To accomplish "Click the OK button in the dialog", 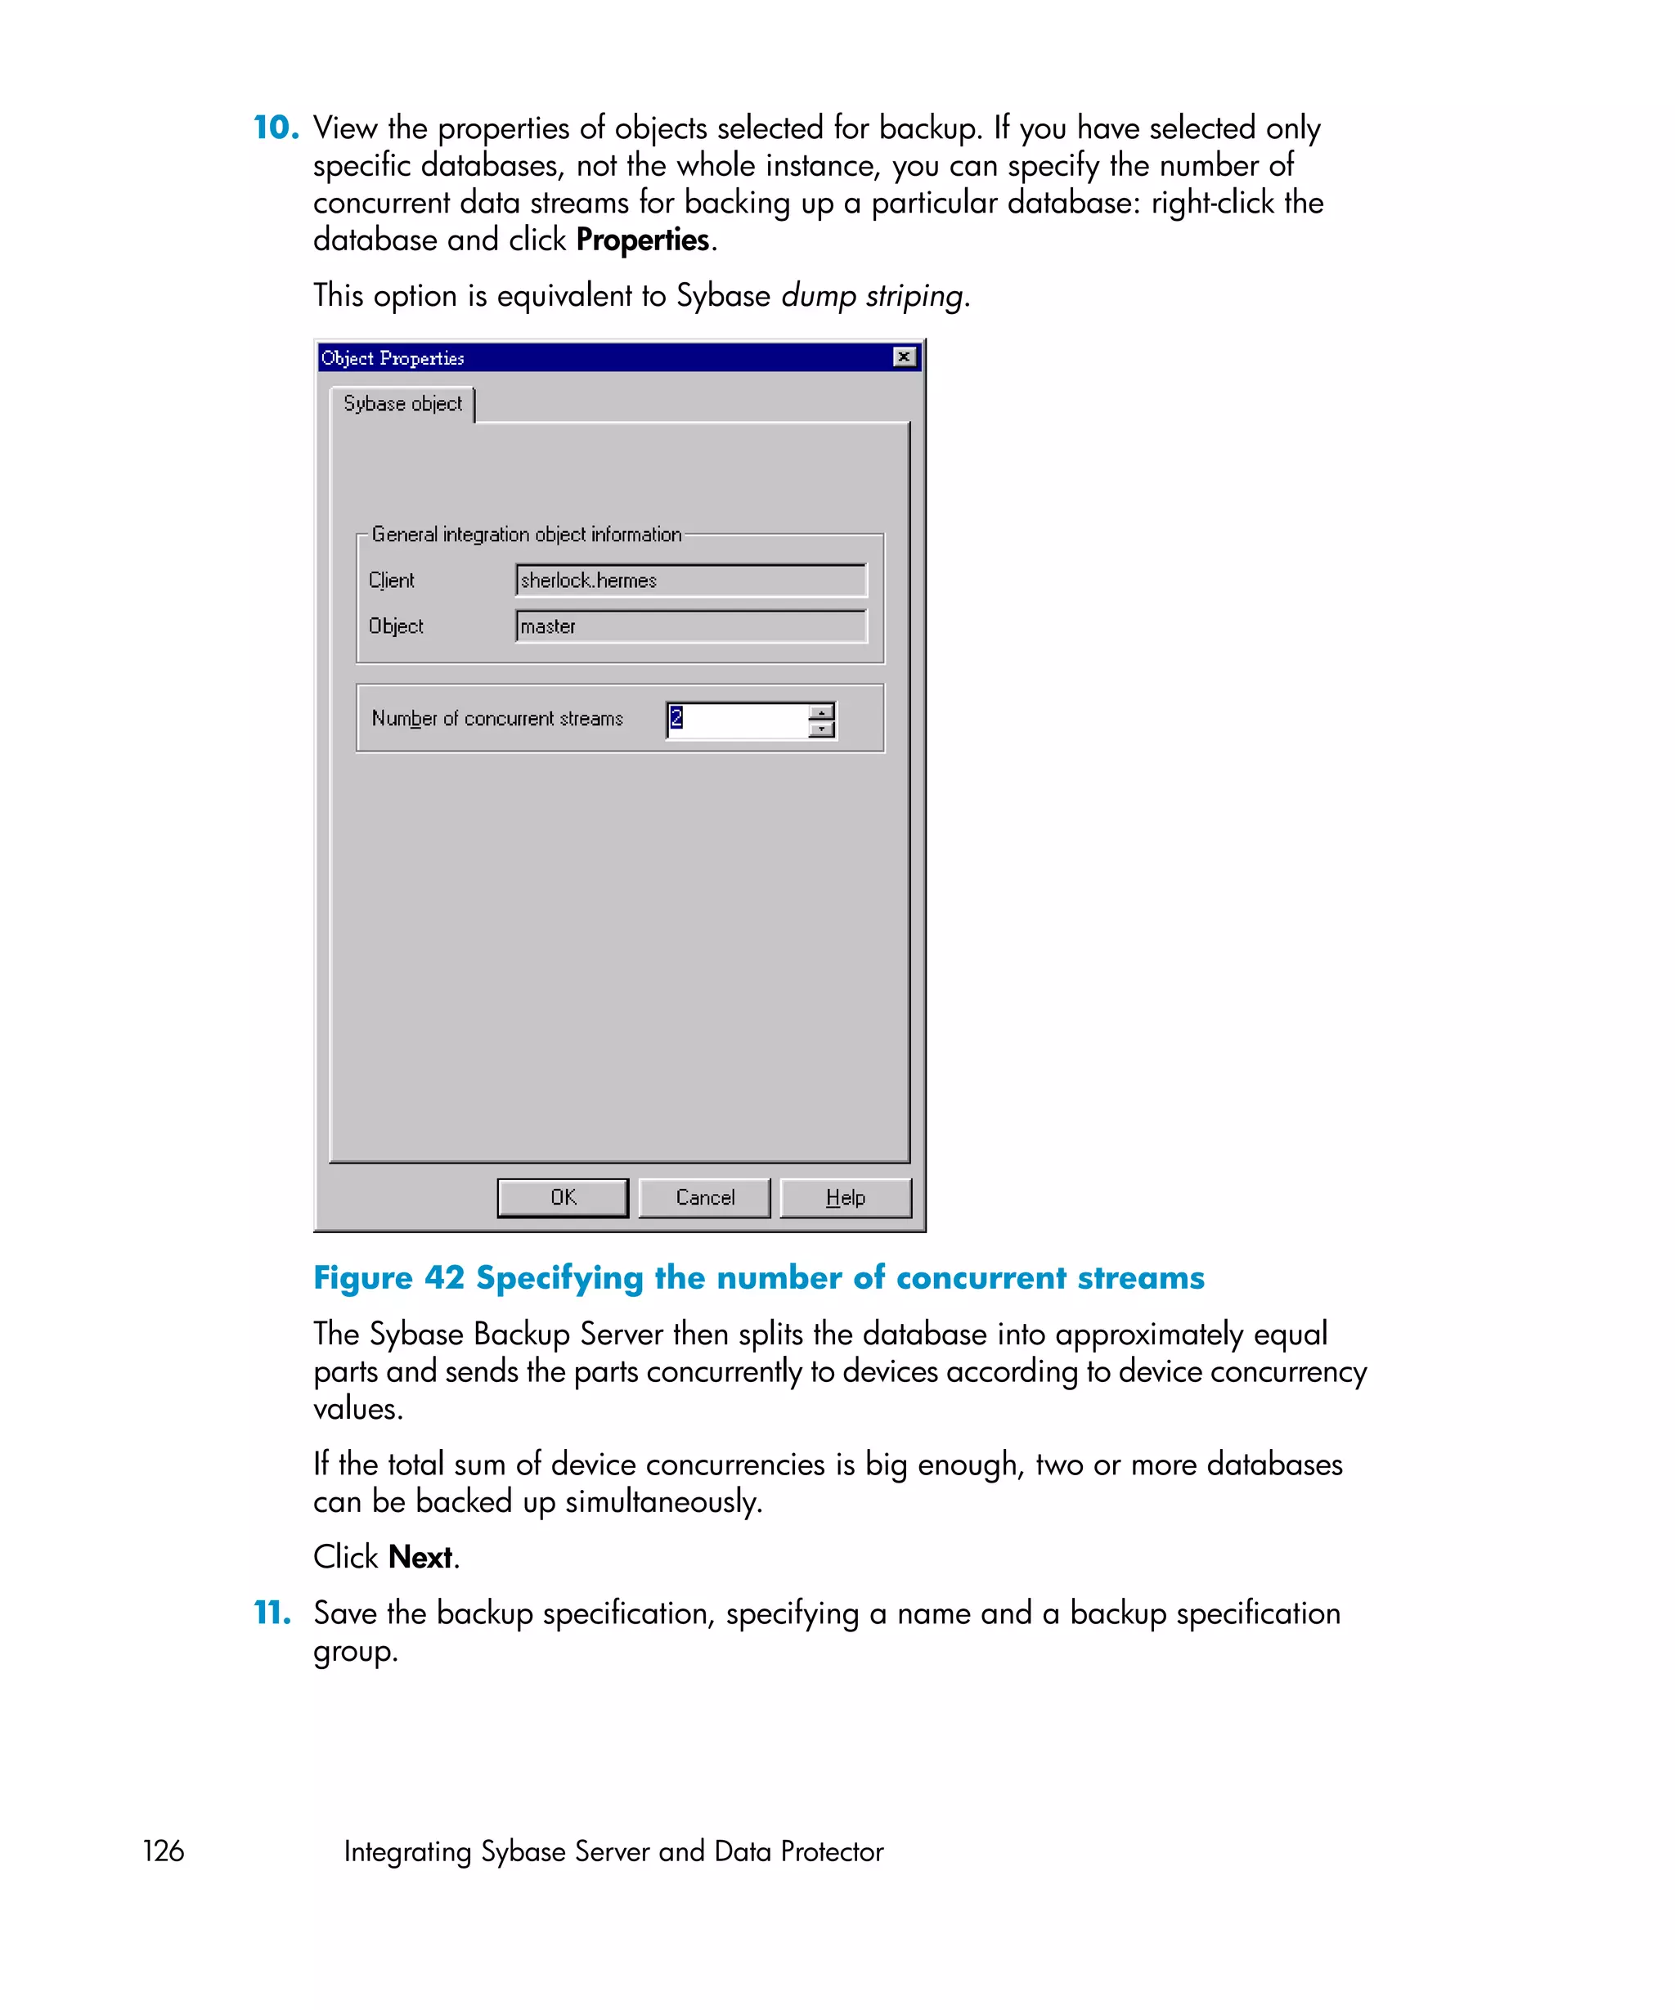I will [x=562, y=1197].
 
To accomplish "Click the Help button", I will [x=844, y=1197].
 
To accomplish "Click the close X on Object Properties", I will [x=904, y=357].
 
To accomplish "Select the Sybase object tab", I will [x=402, y=404].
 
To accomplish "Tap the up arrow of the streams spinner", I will [x=821, y=712].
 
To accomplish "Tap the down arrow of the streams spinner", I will [x=821, y=729].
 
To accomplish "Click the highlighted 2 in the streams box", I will [x=676, y=717].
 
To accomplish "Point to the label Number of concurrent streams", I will [x=496, y=718].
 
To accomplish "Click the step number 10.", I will [x=275, y=128].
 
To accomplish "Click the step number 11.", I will [x=272, y=1613].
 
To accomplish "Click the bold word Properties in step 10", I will [x=642, y=240].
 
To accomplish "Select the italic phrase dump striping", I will [x=872, y=296].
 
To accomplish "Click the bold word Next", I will [x=420, y=1557].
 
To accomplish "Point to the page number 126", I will [x=163, y=1851].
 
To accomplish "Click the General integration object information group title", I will [x=527, y=534].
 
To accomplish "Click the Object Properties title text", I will [x=393, y=358].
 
